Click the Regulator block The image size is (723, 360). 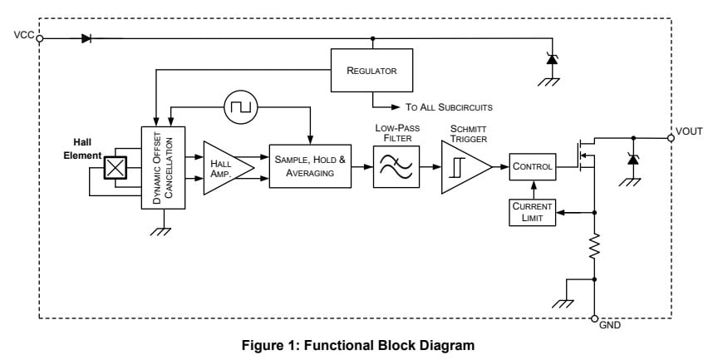pos(371,71)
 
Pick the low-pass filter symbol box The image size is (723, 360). pos(396,166)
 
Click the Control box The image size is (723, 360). pos(532,166)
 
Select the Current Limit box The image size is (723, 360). pos(532,212)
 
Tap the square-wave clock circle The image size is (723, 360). pos(242,106)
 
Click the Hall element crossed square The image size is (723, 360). pos(115,168)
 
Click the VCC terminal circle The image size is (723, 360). pos(40,37)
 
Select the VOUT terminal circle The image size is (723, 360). pos(671,137)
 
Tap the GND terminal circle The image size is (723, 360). pos(594,318)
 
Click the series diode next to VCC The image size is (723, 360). pos(86,37)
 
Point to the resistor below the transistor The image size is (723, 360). pos(594,246)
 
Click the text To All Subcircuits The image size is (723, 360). pos(449,107)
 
